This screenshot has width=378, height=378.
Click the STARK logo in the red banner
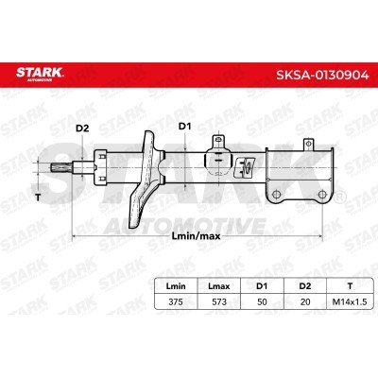pyautogui.click(x=40, y=74)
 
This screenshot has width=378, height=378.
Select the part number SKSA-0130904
pyautogui.click(x=322, y=75)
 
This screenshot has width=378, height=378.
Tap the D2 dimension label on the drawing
pyautogui.click(x=82, y=129)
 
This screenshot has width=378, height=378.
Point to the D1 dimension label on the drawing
pyautogui.click(x=185, y=127)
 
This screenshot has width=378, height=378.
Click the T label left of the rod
pyautogui.click(x=38, y=198)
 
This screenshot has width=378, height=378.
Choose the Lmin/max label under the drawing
pyautogui.click(x=197, y=236)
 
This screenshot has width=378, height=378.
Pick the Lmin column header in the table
pyautogui.click(x=176, y=286)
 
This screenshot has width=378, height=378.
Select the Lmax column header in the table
pyautogui.click(x=219, y=286)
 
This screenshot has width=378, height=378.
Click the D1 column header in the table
pyautogui.click(x=262, y=286)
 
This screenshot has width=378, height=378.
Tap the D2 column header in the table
pyautogui.click(x=305, y=286)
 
